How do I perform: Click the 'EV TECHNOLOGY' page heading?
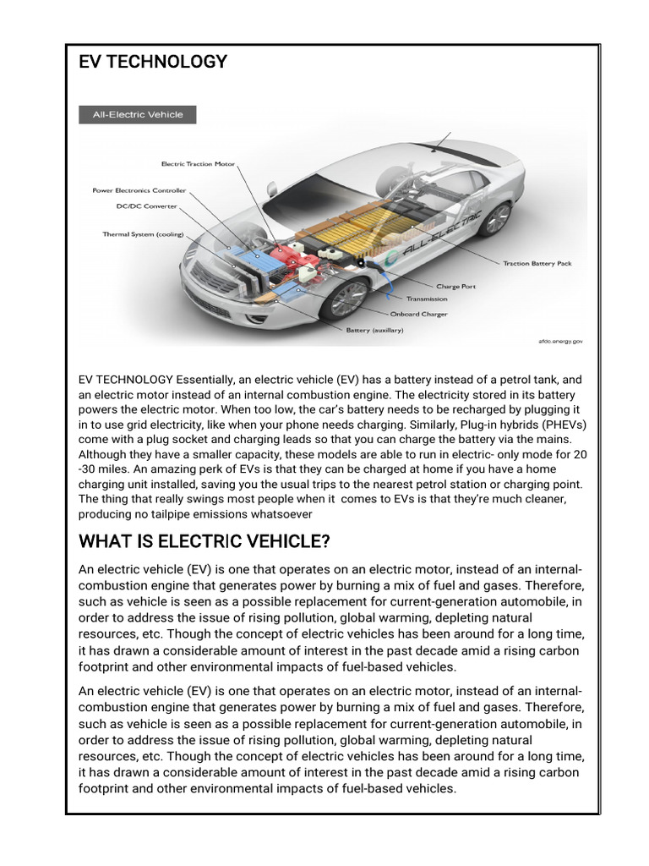pyautogui.click(x=153, y=62)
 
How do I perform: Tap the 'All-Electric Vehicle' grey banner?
pyautogui.click(x=137, y=114)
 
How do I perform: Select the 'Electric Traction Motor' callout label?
pyautogui.click(x=198, y=164)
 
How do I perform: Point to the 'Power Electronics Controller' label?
pyautogui.click(x=139, y=190)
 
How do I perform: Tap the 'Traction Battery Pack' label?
pyautogui.click(x=537, y=264)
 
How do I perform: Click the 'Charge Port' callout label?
pyautogui.click(x=455, y=287)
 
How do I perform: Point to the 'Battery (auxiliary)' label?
pyautogui.click(x=374, y=331)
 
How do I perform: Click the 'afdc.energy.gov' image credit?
pyautogui.click(x=560, y=342)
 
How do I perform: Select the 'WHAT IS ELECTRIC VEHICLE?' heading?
pyautogui.click(x=204, y=541)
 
